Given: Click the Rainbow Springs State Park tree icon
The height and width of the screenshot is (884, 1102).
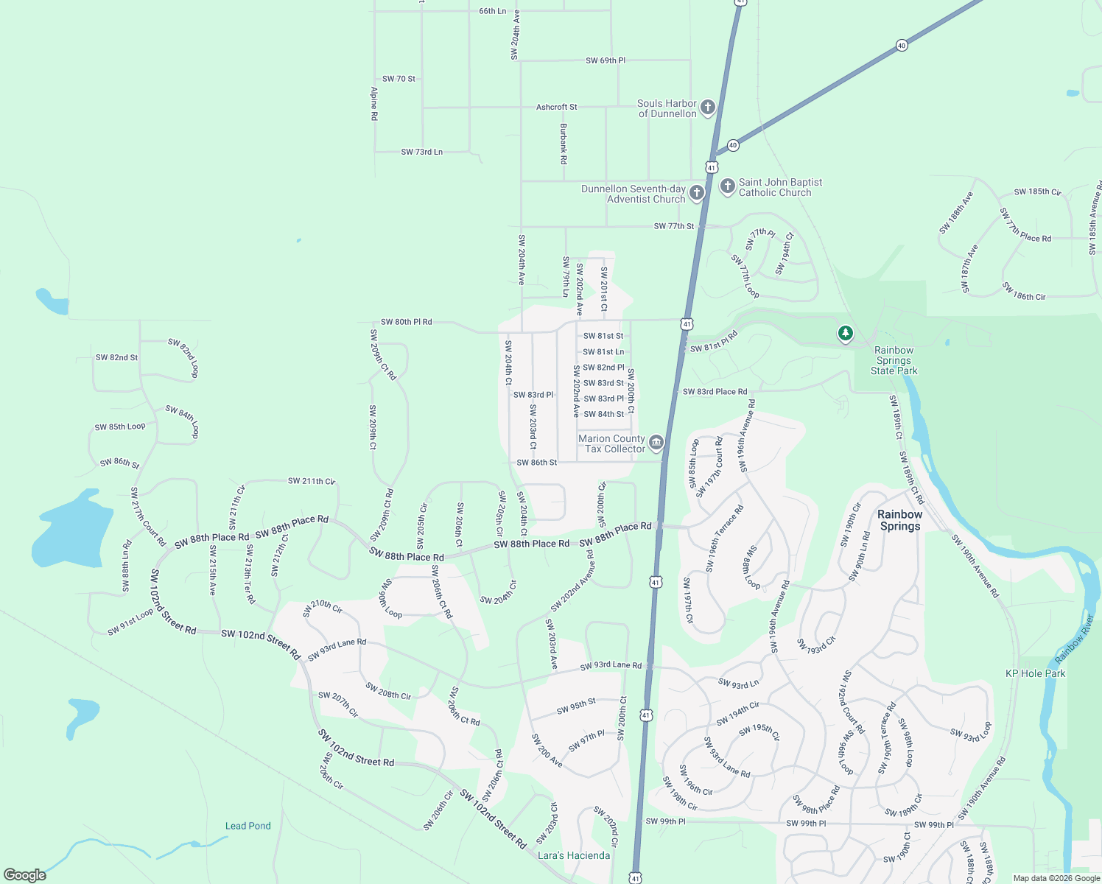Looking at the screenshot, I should pos(846,334).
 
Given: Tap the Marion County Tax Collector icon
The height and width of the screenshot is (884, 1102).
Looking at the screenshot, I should pos(656,443).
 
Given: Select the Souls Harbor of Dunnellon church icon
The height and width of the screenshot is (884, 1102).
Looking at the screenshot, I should pos(707,108).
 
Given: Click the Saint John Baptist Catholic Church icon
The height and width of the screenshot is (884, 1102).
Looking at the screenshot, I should pos(727,186).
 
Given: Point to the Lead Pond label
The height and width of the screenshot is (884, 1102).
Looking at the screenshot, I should pos(248,826).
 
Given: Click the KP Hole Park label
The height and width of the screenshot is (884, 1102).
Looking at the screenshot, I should pos(1035,673).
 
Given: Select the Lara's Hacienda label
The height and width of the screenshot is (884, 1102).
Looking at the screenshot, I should pos(574,855).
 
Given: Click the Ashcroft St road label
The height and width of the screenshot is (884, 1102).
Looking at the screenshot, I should pos(556,107).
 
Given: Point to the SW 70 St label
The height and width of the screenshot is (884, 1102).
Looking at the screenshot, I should pos(399,79).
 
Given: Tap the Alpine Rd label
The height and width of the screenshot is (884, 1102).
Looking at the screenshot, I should pos(374,104).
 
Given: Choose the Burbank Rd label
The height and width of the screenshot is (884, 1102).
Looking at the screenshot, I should pos(564,144).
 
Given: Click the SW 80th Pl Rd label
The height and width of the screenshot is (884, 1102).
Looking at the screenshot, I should pos(406,322).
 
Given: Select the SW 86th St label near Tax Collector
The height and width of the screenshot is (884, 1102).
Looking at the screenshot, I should pos(536,463).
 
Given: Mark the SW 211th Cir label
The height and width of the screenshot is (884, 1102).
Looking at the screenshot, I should pos(311,481).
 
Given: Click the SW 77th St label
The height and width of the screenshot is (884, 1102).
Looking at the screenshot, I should pos(673,226).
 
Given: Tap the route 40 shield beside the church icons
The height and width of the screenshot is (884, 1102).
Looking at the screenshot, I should pos(732,145).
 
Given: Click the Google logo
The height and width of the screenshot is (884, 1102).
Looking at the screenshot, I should pos(25,874).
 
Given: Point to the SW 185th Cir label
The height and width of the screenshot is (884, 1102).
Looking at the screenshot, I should pos(1037,192).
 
